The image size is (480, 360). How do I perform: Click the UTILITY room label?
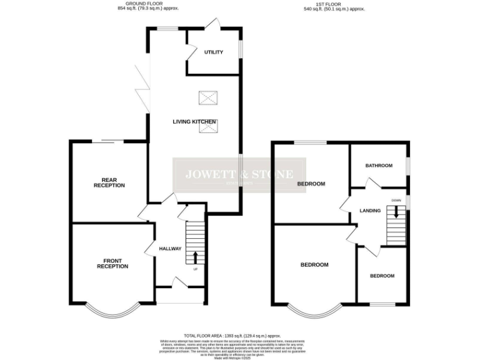[x=213, y=52]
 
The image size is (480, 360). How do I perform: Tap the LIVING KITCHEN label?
[x=194, y=121]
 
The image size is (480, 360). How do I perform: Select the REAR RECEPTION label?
[x=109, y=182]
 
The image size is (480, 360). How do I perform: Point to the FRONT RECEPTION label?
[x=112, y=263]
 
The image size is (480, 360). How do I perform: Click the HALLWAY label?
[x=169, y=248]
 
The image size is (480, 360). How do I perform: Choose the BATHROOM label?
[x=379, y=166]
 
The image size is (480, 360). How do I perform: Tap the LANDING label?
[x=370, y=211]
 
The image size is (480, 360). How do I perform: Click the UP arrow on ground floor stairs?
[x=195, y=257]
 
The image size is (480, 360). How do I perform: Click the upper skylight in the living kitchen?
[x=207, y=98]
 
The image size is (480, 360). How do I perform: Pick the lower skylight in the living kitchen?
[x=207, y=127]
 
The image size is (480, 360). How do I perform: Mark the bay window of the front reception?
[x=112, y=309]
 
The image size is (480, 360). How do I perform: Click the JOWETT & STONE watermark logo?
[x=239, y=175]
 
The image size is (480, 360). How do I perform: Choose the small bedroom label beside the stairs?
[x=382, y=276]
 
